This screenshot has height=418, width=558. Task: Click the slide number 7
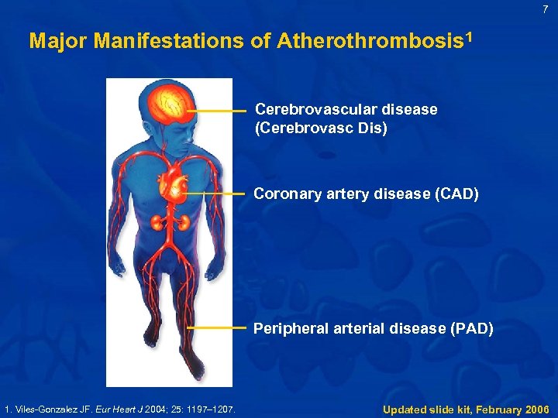(x=546, y=10)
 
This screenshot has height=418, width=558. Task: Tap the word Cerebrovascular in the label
(x=315, y=109)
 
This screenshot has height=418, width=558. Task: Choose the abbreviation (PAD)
(x=471, y=328)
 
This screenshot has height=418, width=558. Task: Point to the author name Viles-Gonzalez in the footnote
(x=47, y=409)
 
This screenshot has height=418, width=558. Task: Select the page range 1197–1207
(x=214, y=409)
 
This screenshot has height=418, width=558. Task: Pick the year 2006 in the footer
(x=533, y=409)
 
